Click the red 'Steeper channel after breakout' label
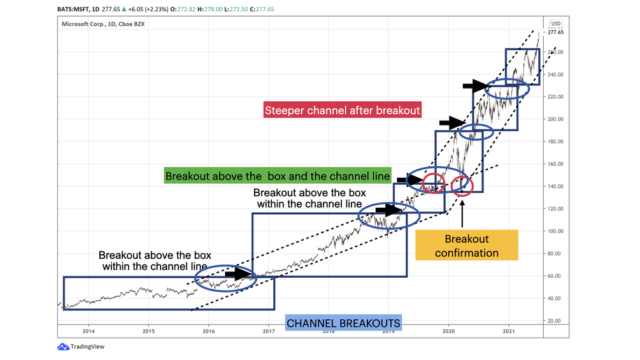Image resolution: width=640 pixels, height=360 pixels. (x=343, y=110)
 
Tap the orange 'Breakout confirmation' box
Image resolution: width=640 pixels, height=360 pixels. (x=467, y=245)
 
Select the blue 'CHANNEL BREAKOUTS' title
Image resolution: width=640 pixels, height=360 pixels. (x=343, y=323)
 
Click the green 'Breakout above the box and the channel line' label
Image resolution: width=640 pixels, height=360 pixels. (x=277, y=176)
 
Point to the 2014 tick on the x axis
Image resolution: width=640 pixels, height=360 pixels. (x=88, y=331)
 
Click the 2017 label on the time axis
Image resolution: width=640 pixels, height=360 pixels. (x=268, y=331)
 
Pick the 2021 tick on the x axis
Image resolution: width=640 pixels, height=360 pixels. (x=508, y=331)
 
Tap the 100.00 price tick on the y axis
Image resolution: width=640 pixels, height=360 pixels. (x=556, y=231)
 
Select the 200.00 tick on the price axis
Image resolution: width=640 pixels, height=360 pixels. (x=556, y=119)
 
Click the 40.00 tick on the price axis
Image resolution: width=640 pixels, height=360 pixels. (x=556, y=298)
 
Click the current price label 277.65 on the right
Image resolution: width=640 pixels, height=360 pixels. (x=556, y=32)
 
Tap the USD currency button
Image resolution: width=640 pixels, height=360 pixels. (x=556, y=24)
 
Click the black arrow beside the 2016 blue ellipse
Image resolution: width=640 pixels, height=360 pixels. (x=239, y=274)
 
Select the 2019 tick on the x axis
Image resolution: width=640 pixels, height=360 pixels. (x=388, y=331)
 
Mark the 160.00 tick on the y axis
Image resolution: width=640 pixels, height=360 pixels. (x=556, y=164)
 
